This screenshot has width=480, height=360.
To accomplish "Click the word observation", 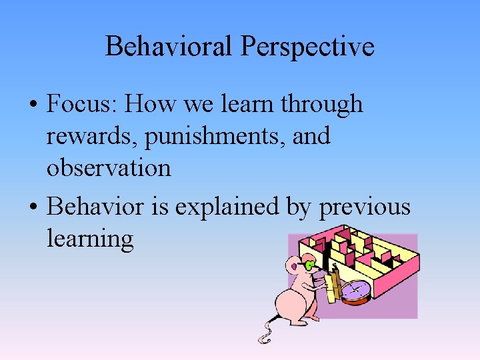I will coord(108,167).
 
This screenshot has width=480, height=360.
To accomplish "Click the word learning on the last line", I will coord(90,239).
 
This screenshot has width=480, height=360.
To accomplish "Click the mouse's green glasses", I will coord(310,266).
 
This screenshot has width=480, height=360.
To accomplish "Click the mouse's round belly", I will coord(297,304).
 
